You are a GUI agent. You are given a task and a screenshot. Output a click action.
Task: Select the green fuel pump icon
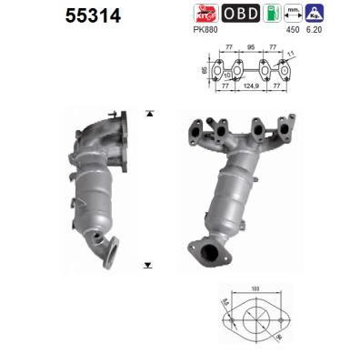pyautogui.click(x=271, y=13)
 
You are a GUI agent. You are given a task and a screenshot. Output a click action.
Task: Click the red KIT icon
pyautogui.click(x=206, y=13)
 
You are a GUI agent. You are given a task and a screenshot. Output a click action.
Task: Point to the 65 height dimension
pyautogui.click(x=204, y=69)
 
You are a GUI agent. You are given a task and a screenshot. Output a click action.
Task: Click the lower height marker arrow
pyautogui.click(x=147, y=266)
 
